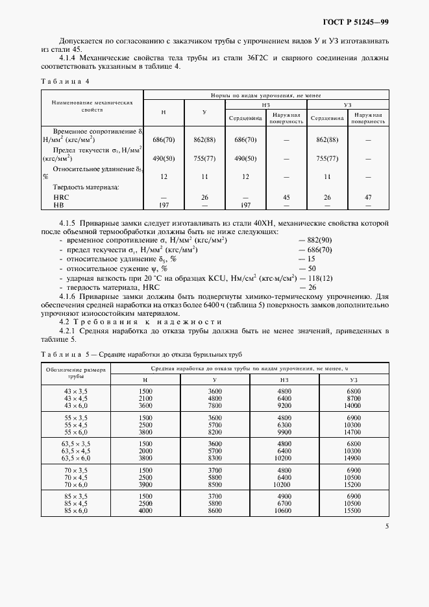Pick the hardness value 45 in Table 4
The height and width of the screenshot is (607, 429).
click(286, 196)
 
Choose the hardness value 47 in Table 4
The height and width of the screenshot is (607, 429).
click(368, 196)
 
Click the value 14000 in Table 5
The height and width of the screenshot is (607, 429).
click(353, 405)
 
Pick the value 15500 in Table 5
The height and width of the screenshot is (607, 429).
click(353, 512)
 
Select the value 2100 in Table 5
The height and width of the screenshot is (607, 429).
click(145, 398)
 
